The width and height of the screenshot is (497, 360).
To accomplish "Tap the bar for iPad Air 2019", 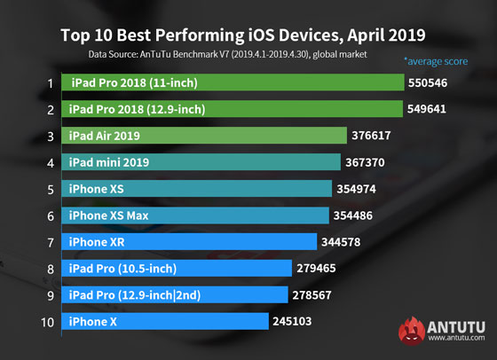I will (204, 136).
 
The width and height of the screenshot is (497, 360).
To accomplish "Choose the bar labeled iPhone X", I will (165, 320).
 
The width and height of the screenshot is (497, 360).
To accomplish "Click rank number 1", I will (51, 84).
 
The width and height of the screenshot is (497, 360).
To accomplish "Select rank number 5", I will (51, 189).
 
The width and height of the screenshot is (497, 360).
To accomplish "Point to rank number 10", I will (50, 320).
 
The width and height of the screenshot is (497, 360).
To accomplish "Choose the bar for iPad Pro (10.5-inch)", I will (177, 268).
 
